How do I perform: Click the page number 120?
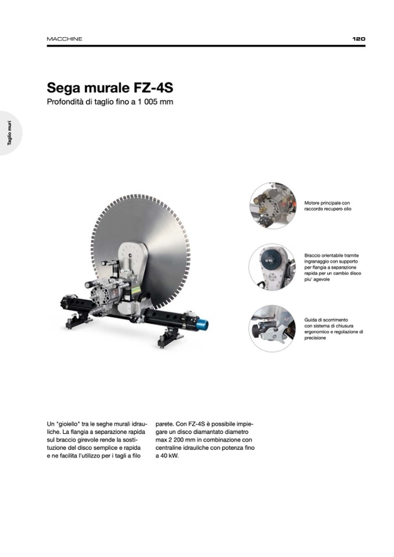point(359,39)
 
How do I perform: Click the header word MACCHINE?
point(65,39)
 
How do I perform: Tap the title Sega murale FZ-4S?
point(110,88)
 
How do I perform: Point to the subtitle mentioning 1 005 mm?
point(110,102)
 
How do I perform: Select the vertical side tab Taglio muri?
point(10,133)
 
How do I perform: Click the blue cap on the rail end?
point(203,324)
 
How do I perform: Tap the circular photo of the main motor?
point(273,206)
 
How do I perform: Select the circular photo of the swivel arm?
point(273,267)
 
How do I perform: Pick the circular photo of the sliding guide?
point(273,329)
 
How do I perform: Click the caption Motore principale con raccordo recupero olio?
point(328,206)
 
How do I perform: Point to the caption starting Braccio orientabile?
point(332,267)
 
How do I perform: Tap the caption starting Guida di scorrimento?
point(334,329)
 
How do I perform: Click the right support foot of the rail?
point(170,337)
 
